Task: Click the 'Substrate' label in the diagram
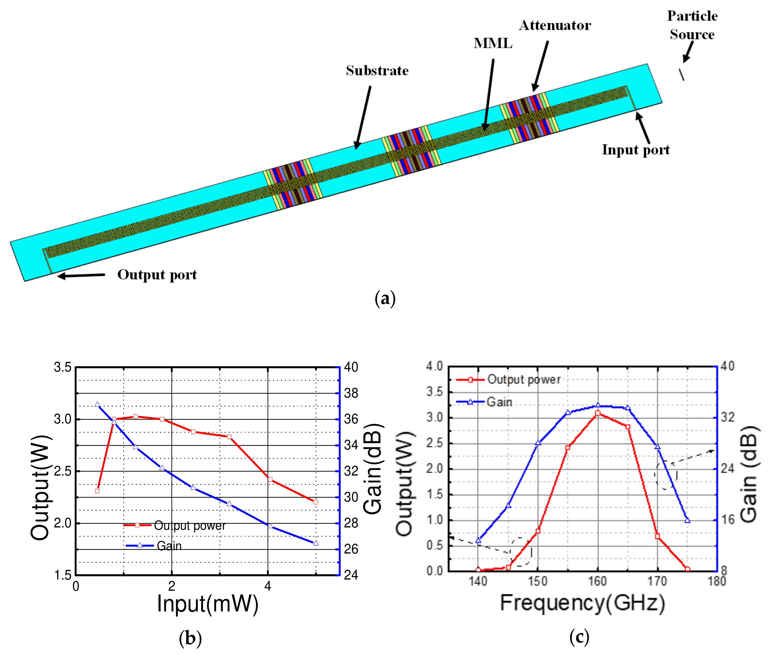coord(377,71)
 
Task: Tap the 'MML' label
coord(493,44)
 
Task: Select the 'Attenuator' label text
coord(555,25)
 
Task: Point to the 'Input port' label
coord(635,150)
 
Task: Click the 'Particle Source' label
coord(692,25)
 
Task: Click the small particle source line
coord(681,74)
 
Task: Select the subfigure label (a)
coord(385,299)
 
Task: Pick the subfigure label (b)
coord(190,638)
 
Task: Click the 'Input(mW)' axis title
coord(207,603)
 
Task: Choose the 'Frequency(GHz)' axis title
coord(582,602)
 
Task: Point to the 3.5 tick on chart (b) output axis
coord(62,367)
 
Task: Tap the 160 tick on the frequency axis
coord(597,581)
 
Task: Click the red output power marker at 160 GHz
coord(597,413)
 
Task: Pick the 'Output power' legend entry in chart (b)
coord(189,525)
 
